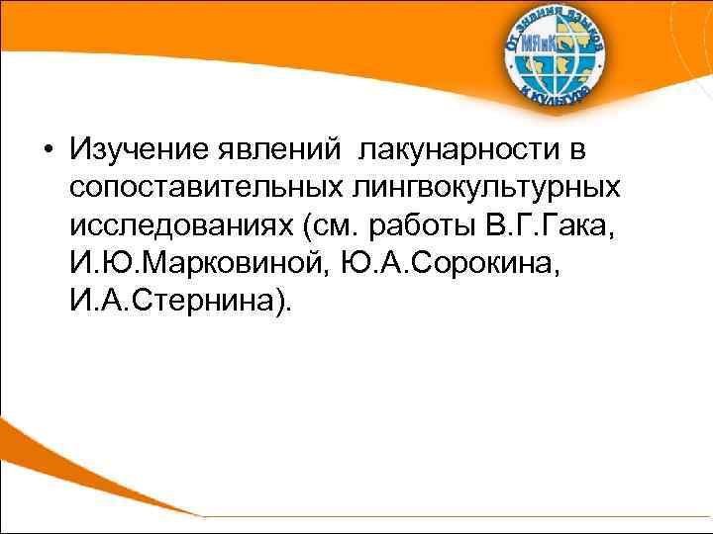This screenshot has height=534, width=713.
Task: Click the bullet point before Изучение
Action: click(x=49, y=150)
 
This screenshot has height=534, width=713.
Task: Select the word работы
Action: click(x=420, y=225)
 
